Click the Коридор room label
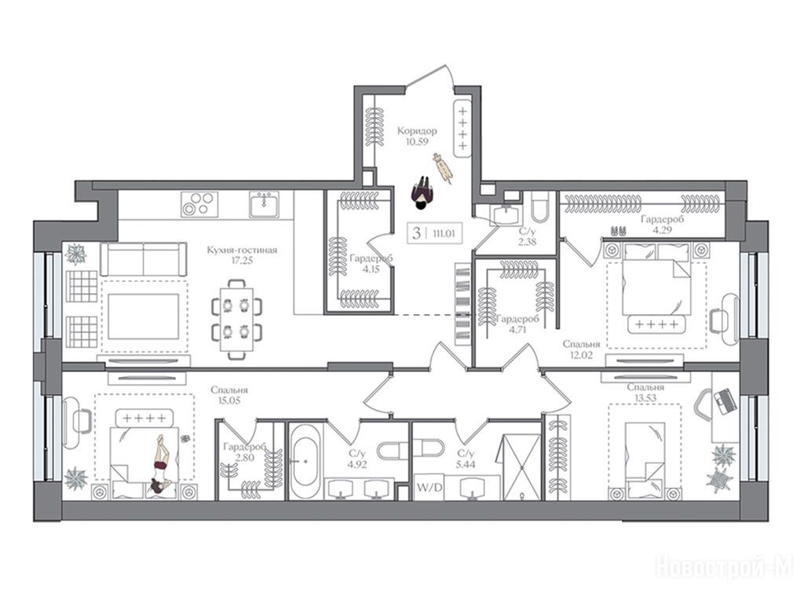click(x=417, y=131)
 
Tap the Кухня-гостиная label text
click(x=242, y=250)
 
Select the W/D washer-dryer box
click(x=429, y=487)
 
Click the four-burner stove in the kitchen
click(x=199, y=204)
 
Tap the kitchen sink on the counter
click(x=265, y=205)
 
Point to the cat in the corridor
click(x=443, y=166)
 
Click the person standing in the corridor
click(x=422, y=193)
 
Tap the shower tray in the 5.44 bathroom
click(x=521, y=467)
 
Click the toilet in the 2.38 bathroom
click(x=540, y=206)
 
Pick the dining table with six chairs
click(x=237, y=319)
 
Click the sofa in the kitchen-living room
click(x=144, y=259)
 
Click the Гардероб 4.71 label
click(x=517, y=324)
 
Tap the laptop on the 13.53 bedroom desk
click(x=725, y=401)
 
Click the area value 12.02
click(x=581, y=355)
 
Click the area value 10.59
click(x=417, y=142)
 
